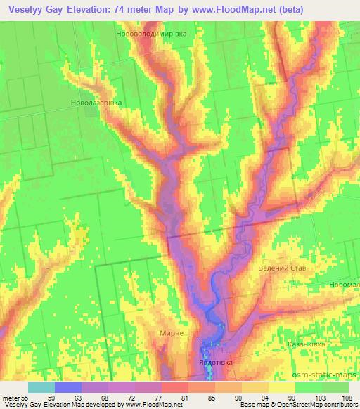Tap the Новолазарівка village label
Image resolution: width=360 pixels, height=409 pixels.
coord(97,103)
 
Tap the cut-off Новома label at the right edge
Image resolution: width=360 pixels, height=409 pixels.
coord(345,285)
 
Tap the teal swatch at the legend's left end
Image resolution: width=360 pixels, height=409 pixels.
coord(41,387)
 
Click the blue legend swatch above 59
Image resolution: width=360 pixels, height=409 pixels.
coord(68,387)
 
